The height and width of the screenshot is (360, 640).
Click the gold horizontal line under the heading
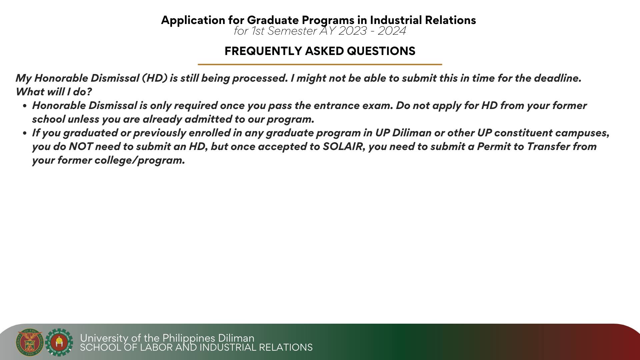pyautogui.click(x=320, y=64)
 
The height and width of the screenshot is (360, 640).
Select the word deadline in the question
pyautogui.click(x=557, y=78)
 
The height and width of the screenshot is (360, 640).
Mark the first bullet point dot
pyautogui.click(x=25, y=106)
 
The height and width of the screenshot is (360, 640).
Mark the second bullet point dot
pyautogui.click(x=25, y=133)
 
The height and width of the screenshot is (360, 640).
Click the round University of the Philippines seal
pyautogui.click(x=30, y=342)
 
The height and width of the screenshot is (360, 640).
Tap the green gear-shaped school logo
pyautogui.click(x=59, y=342)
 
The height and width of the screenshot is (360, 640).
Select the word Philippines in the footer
pyautogui.click(x=189, y=338)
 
